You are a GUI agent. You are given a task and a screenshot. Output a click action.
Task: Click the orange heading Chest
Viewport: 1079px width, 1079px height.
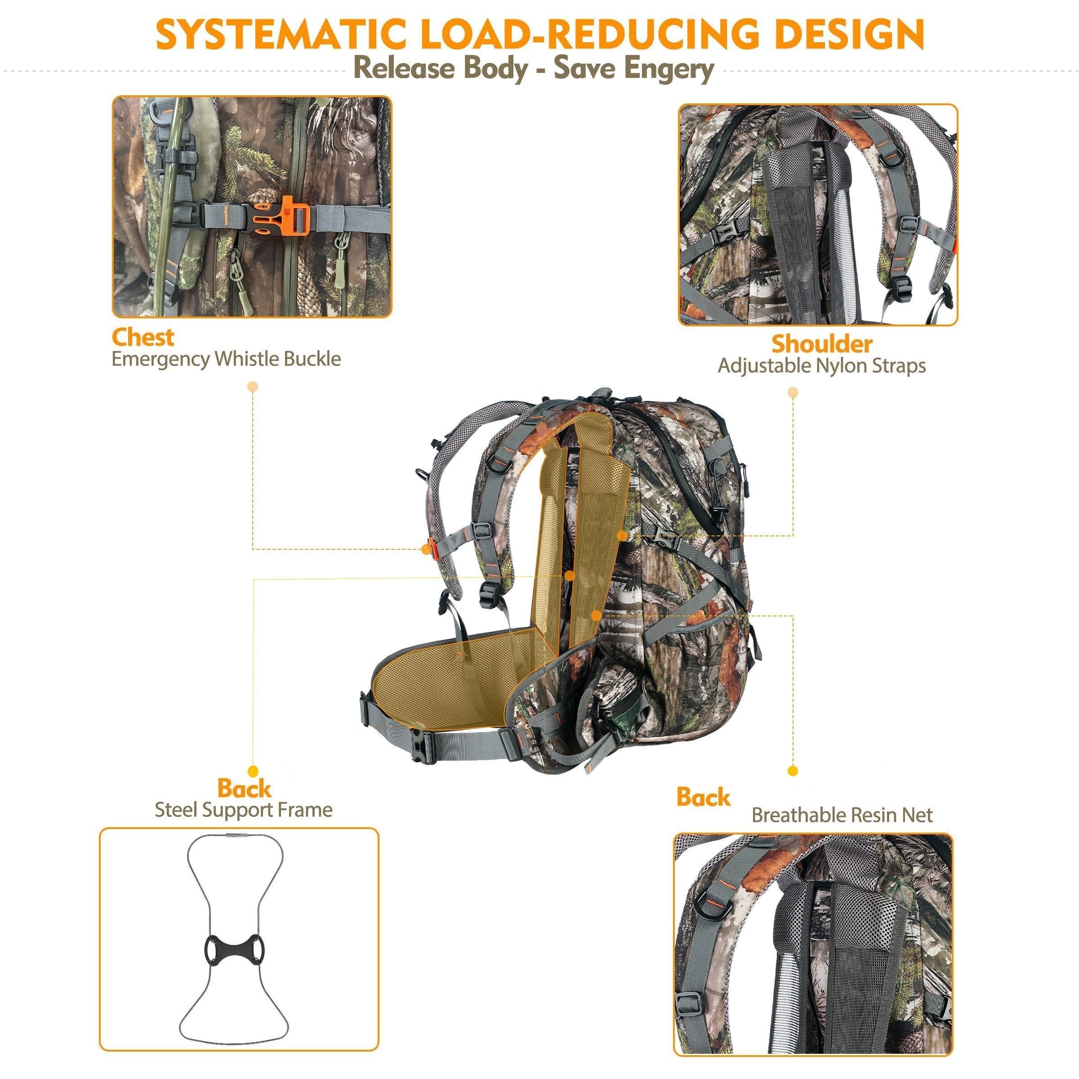click(143, 337)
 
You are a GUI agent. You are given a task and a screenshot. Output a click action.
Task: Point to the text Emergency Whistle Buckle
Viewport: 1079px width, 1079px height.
click(226, 359)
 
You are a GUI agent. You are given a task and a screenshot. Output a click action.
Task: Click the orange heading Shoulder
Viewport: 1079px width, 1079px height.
click(821, 344)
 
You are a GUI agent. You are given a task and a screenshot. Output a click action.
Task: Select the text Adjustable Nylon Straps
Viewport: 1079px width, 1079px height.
click(821, 366)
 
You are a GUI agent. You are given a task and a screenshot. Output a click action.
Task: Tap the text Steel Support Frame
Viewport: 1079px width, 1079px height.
click(244, 810)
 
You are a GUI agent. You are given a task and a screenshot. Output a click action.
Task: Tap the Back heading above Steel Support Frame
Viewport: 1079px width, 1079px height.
click(244, 788)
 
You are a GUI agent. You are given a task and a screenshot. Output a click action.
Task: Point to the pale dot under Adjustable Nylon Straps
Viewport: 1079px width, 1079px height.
click(793, 392)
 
